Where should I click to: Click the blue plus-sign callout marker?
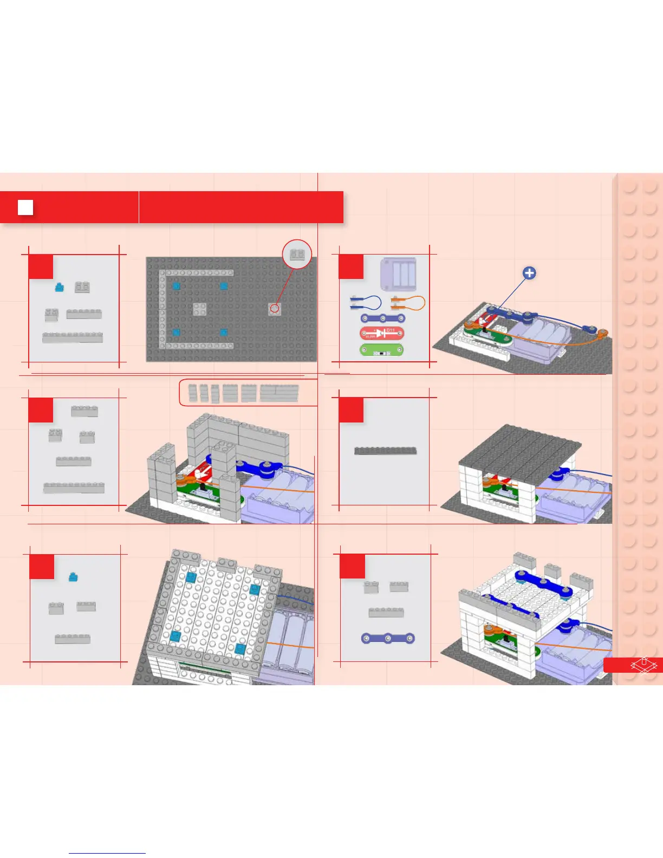point(529,273)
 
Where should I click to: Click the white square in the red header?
point(25,207)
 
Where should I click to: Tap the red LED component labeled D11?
point(381,333)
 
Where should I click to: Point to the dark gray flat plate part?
point(385,451)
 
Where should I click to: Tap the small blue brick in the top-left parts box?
point(60,287)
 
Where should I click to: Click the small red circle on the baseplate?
point(275,308)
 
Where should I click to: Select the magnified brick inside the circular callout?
point(297,254)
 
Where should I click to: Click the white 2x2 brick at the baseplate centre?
point(199,309)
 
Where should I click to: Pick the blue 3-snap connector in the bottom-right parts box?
point(388,639)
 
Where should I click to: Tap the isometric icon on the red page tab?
point(643,665)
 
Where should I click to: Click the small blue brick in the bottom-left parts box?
point(73,577)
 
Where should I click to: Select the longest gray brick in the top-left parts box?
point(73,337)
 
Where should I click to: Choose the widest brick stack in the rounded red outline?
point(279,393)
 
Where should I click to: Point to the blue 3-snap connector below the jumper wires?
point(383,318)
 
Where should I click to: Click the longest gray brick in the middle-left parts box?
point(74,487)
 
